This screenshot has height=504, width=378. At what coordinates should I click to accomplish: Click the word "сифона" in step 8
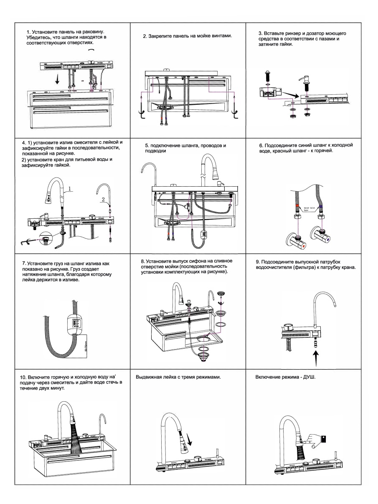tap(200, 261)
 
